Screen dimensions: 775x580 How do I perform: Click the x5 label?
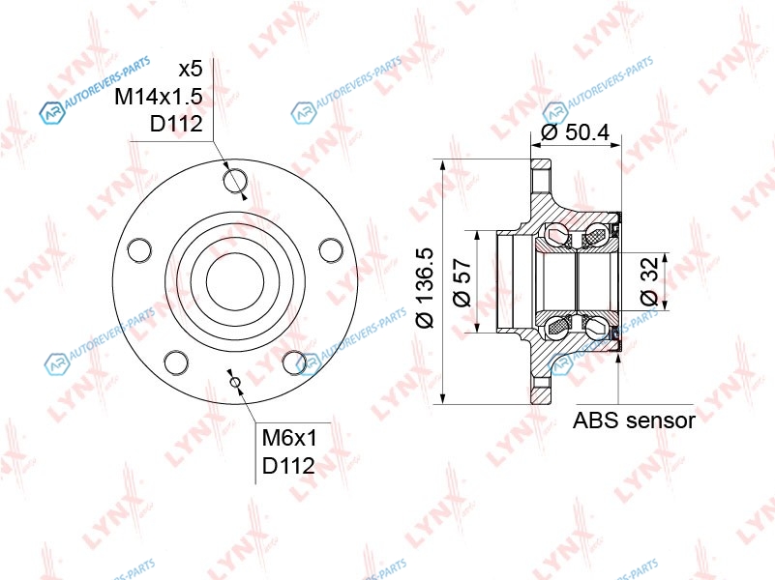click(x=191, y=70)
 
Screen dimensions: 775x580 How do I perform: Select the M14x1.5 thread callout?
click(x=158, y=97)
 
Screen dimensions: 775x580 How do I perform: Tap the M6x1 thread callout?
click(x=289, y=437)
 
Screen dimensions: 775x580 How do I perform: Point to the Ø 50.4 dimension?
click(x=576, y=132)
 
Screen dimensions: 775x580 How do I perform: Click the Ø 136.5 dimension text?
click(x=425, y=288)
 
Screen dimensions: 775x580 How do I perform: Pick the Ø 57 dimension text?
click(x=462, y=282)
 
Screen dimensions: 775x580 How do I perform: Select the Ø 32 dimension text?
click(x=649, y=281)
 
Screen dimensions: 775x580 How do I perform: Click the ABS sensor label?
click(x=634, y=420)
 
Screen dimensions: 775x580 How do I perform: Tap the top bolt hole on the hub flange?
click(x=235, y=181)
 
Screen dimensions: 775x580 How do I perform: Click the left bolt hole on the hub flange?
click(x=139, y=249)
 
